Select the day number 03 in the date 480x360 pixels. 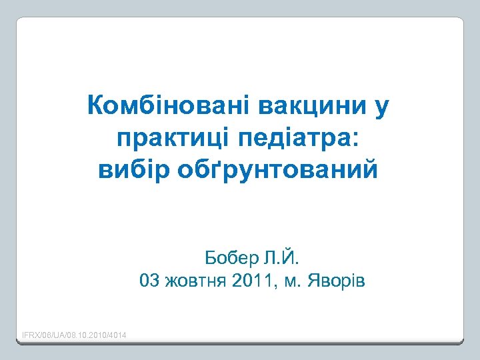click(149, 280)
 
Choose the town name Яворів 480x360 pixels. click(335, 281)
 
